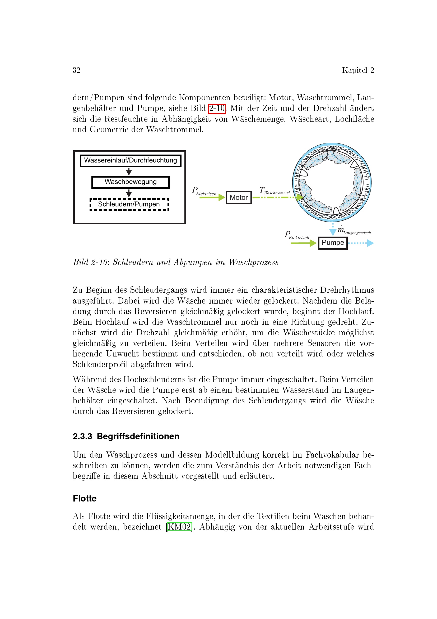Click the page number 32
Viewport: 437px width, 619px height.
[x=76, y=70]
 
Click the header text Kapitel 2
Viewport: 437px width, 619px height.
[x=358, y=70]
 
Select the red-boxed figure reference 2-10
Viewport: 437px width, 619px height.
[x=217, y=109]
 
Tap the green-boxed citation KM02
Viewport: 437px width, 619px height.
[x=179, y=527]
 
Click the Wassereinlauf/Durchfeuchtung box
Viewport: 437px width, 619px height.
[x=131, y=160]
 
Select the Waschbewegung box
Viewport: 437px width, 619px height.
[x=131, y=182]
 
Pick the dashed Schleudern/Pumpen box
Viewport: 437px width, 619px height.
[x=129, y=204]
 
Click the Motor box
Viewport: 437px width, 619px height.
[x=238, y=197]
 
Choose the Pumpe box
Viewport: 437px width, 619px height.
[x=333, y=243]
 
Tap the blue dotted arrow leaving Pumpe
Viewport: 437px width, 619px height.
[x=361, y=243]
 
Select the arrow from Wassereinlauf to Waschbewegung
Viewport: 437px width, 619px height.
[x=129, y=171]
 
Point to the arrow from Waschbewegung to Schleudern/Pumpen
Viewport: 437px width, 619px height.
[x=129, y=193]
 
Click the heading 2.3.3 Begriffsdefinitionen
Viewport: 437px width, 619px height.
[x=126, y=436]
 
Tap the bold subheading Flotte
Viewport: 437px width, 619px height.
[x=85, y=498]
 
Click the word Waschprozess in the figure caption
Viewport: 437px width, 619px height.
[x=253, y=262]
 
